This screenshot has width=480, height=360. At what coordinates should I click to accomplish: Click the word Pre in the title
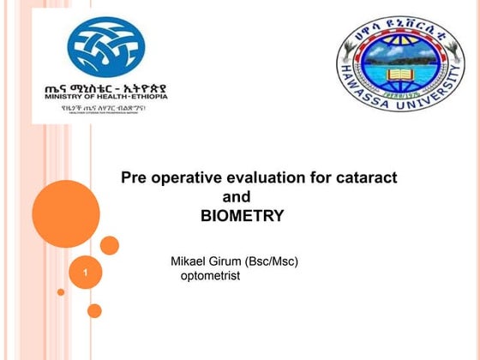coord(134,178)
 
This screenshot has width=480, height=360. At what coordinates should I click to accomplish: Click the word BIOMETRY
coord(242,216)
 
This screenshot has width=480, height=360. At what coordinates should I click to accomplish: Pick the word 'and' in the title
coord(237,197)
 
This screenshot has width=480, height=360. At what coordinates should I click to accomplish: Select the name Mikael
coord(190,261)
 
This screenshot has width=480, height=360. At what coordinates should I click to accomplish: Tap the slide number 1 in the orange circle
coord(86,272)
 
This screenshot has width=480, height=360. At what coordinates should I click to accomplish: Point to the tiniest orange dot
coord(61,292)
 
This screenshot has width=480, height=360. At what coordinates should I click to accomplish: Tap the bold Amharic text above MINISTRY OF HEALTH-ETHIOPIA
coord(105,87)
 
